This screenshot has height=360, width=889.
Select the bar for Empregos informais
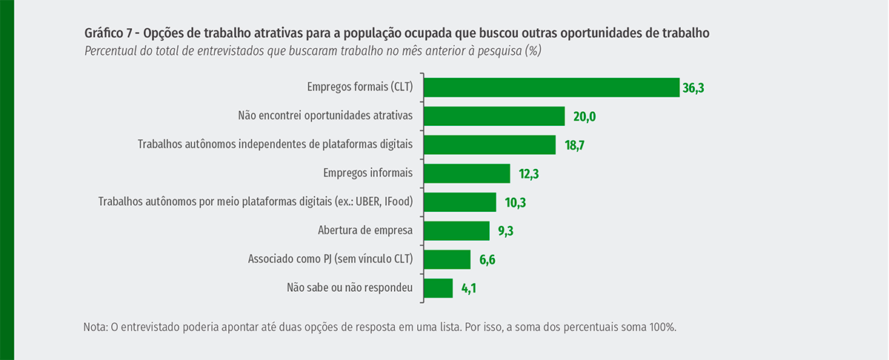(467, 173)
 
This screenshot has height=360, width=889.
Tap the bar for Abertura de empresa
(456, 230)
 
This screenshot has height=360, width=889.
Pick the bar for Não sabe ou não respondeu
(438, 288)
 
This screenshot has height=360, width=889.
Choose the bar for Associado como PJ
(447, 259)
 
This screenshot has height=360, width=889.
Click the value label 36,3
(693, 88)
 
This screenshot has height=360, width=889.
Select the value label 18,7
(576, 145)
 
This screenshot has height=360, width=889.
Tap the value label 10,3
(516, 202)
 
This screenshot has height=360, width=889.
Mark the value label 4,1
(467, 289)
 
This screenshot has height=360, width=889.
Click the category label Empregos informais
(367, 173)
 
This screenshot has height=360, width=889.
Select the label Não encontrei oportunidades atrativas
(324, 116)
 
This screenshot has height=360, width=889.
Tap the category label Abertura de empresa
(364, 230)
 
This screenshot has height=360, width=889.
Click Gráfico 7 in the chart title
(110, 33)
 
